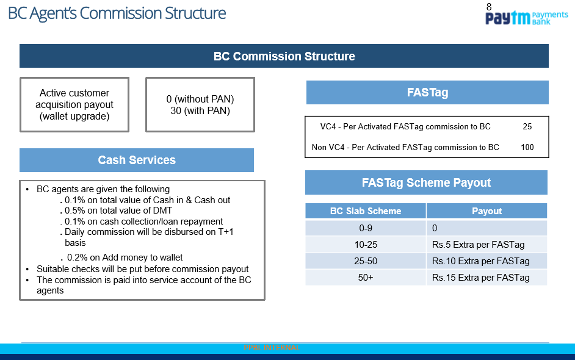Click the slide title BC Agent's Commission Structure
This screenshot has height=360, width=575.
pyautogui.click(x=117, y=13)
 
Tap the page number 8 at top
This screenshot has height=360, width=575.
pyautogui.click(x=489, y=7)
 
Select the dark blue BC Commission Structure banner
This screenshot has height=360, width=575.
pyautogui.click(x=284, y=56)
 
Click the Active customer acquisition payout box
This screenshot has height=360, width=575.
pyautogui.click(x=74, y=104)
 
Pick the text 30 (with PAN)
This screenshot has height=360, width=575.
pyautogui.click(x=200, y=110)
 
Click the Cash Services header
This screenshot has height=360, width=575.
pyautogui.click(x=136, y=160)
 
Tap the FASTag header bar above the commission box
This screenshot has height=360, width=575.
pyautogui.click(x=427, y=92)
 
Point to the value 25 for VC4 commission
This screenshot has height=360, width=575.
pyautogui.click(x=527, y=127)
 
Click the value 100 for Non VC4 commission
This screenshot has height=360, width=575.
pyautogui.click(x=527, y=147)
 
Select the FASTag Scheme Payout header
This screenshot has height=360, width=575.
pyautogui.click(x=426, y=182)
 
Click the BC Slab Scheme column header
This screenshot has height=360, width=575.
pyautogui.click(x=366, y=211)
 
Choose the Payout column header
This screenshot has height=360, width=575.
pyautogui.click(x=486, y=211)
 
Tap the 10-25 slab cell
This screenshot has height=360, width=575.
pyautogui.click(x=366, y=245)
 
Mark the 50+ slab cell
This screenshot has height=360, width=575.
pyautogui.click(x=366, y=278)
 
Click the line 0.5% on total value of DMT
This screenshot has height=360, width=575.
pyautogui.click(x=118, y=211)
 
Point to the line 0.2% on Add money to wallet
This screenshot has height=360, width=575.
pyautogui.click(x=125, y=257)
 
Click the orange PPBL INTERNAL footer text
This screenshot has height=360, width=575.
pyautogui.click(x=270, y=348)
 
